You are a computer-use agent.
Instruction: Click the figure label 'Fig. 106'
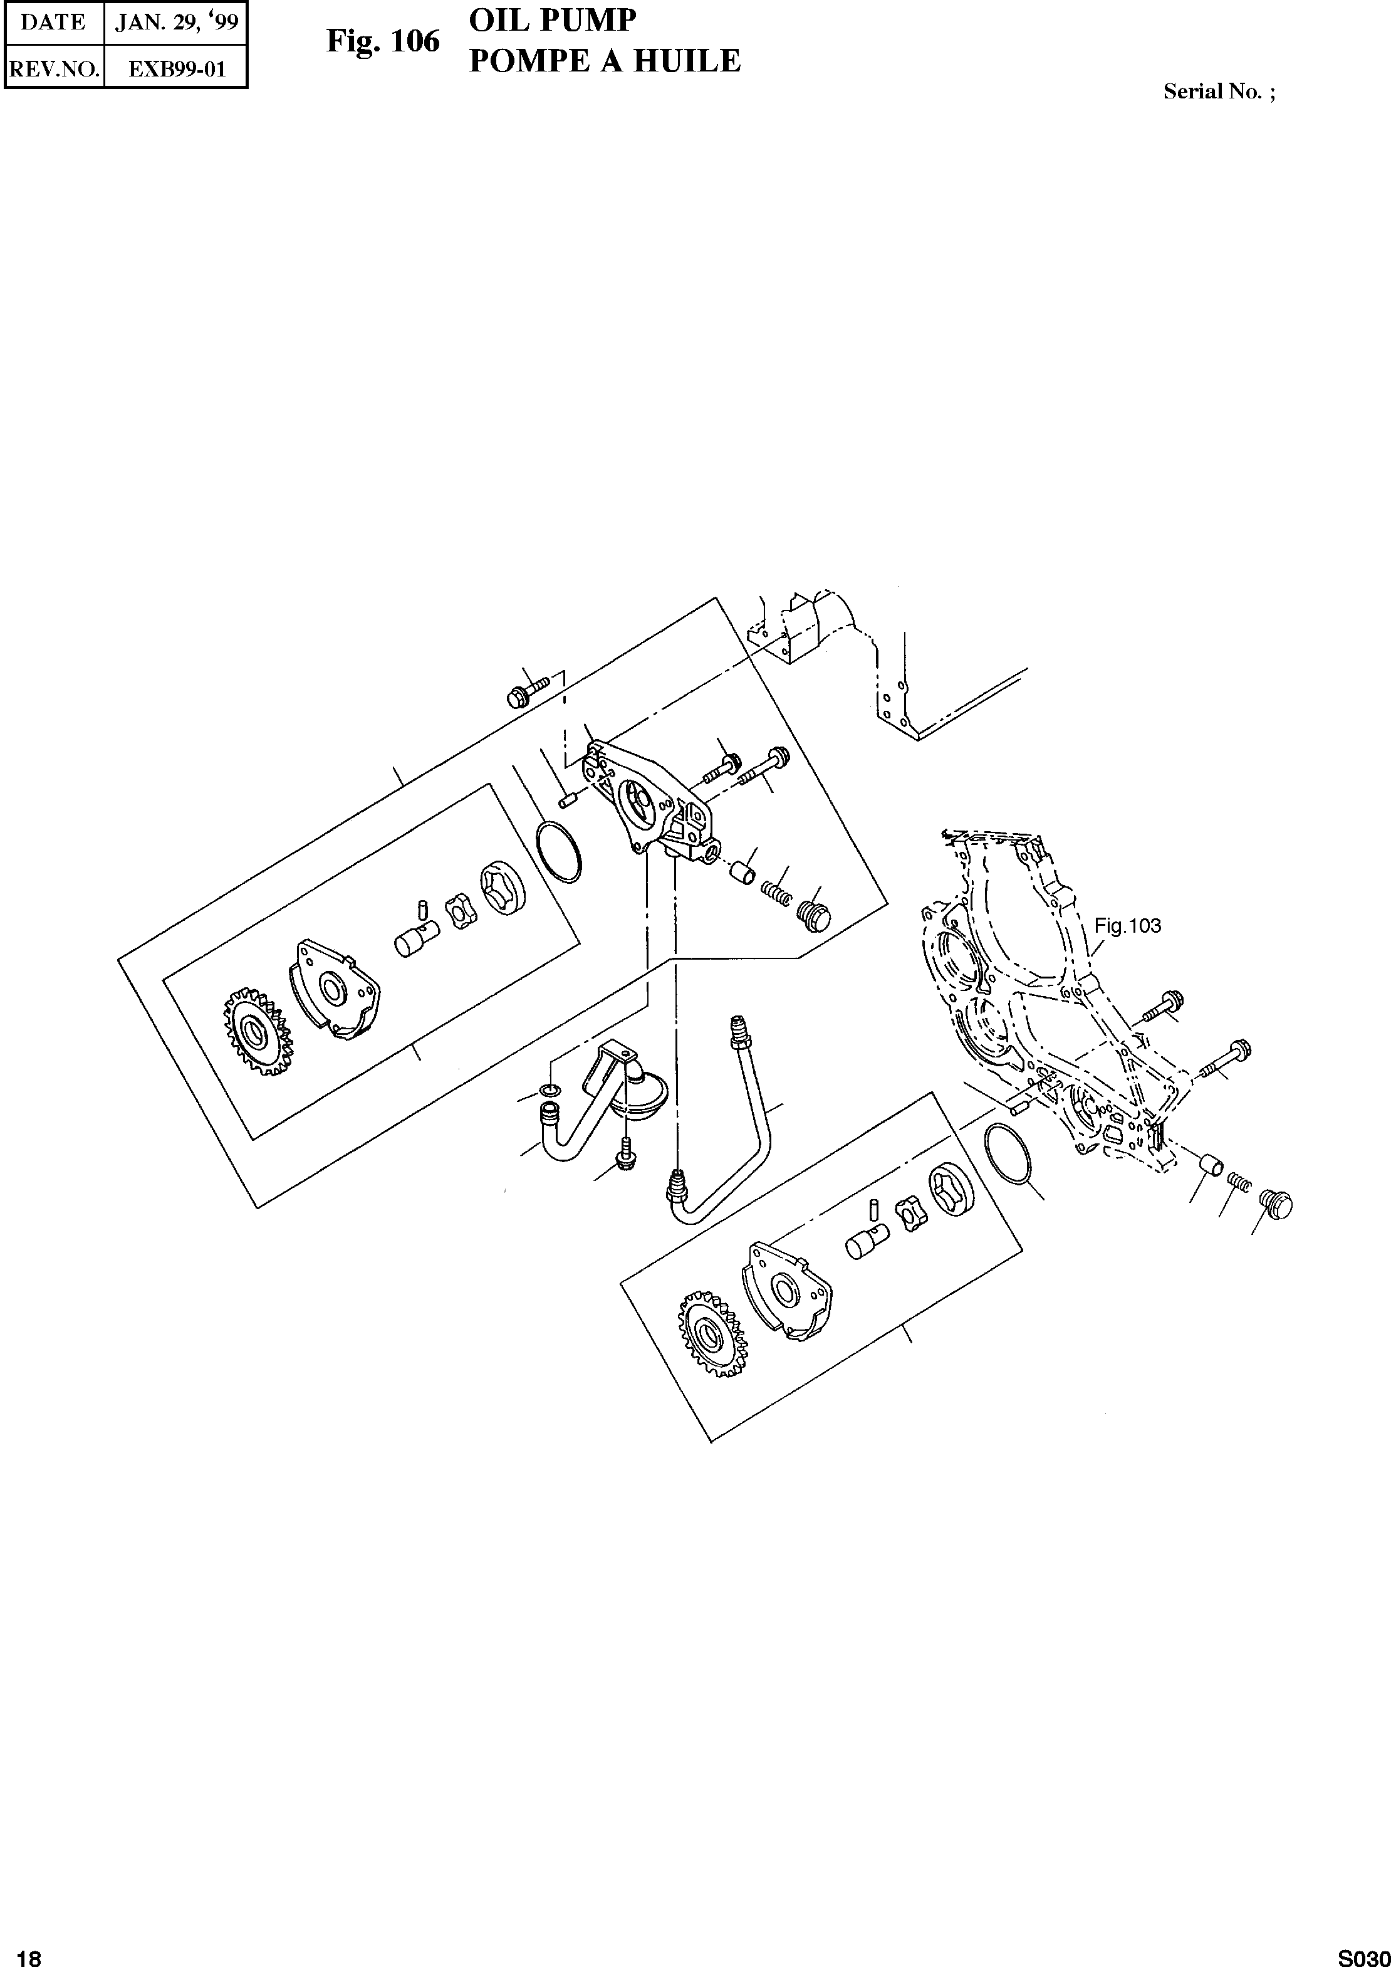(x=382, y=42)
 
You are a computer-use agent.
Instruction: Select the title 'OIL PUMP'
(x=553, y=21)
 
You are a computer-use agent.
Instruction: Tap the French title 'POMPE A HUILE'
(x=604, y=61)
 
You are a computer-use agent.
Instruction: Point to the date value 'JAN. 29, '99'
(x=175, y=23)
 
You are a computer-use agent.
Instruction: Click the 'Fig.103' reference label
(x=1127, y=925)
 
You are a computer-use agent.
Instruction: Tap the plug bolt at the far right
(x=1275, y=1205)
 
